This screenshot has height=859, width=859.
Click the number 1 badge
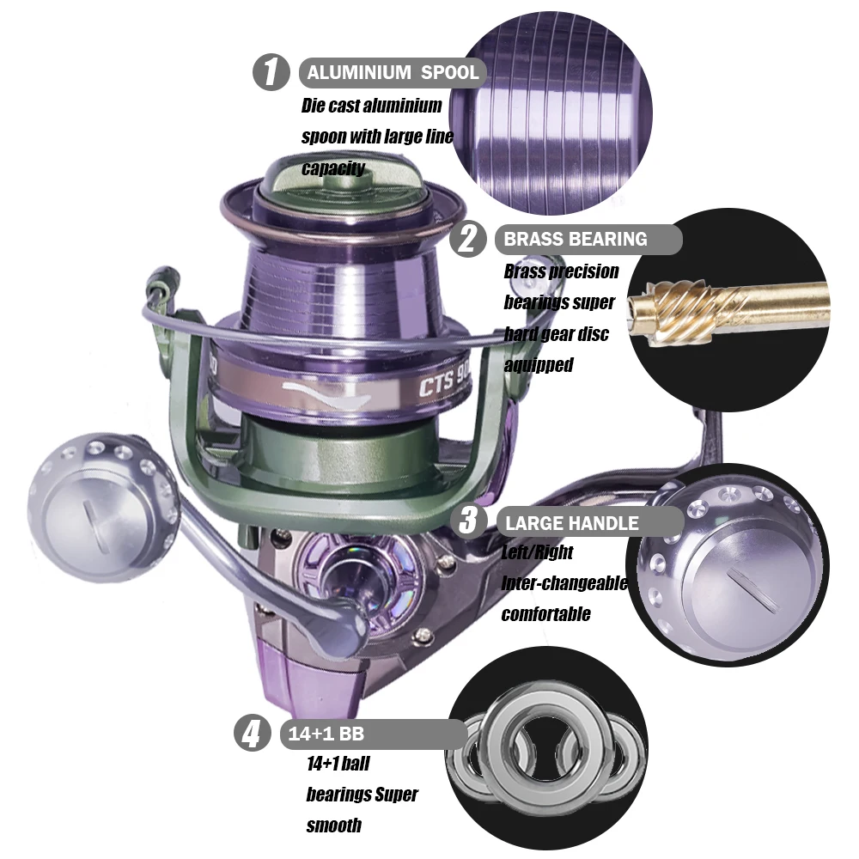[271, 72]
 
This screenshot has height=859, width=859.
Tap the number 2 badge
[468, 238]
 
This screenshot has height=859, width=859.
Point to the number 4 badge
[253, 733]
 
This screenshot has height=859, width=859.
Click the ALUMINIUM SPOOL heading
[393, 72]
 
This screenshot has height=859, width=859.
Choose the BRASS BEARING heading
[576, 240]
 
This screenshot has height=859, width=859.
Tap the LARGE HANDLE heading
[572, 523]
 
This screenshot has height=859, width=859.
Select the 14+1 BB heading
[326, 734]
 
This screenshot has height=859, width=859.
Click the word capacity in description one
[333, 168]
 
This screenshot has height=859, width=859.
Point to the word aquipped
[539, 365]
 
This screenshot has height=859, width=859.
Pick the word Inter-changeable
[564, 583]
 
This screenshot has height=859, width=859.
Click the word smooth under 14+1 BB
[333, 825]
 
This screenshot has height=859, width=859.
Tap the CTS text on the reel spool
[436, 385]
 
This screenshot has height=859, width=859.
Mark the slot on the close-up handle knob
[752, 588]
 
